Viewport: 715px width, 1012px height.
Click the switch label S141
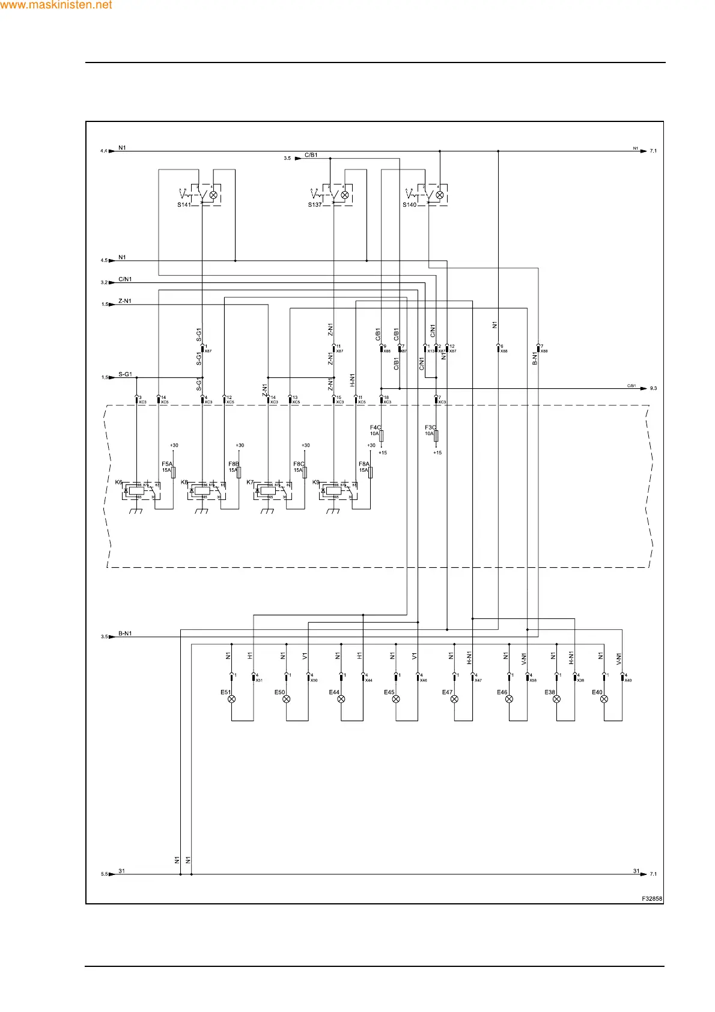(x=184, y=205)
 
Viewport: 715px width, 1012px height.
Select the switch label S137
(x=315, y=205)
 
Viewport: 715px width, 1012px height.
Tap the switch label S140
(x=409, y=205)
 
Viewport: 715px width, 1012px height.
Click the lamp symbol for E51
(x=232, y=699)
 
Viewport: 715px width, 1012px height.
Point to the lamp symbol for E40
(x=604, y=699)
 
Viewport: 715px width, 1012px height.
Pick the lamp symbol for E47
(x=454, y=699)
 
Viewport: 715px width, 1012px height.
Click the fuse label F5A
(x=167, y=464)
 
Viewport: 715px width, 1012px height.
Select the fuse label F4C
(x=376, y=428)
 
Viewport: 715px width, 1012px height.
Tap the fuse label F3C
(x=430, y=428)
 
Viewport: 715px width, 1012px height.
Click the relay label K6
(x=118, y=482)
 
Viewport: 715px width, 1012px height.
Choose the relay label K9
(x=315, y=482)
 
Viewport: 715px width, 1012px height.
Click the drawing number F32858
(x=652, y=899)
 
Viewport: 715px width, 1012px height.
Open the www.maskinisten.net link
(x=56, y=5)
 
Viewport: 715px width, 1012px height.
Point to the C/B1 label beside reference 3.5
(x=311, y=155)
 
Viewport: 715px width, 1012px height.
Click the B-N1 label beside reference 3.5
(x=125, y=633)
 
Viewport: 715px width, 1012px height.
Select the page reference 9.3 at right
(x=653, y=388)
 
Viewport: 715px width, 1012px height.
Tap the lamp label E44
(x=334, y=692)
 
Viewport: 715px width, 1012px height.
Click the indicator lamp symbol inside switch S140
(x=439, y=195)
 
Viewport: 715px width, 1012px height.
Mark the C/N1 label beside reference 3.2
(x=125, y=279)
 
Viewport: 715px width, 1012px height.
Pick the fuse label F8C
(x=299, y=464)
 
